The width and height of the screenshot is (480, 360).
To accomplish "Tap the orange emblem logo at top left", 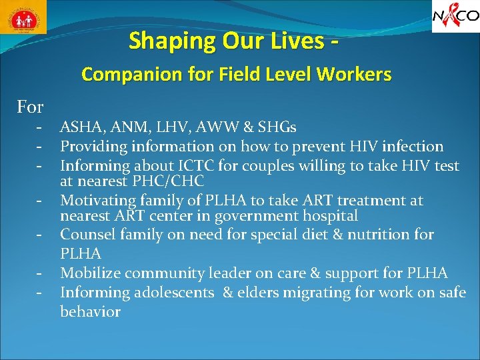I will (24, 17).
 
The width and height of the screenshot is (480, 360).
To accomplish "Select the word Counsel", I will (85, 235).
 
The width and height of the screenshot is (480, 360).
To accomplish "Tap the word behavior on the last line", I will (90, 311).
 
